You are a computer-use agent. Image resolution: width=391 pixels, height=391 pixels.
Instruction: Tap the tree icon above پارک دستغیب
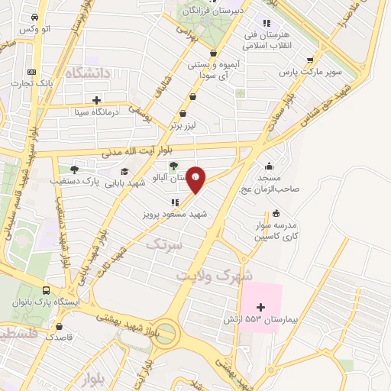73,170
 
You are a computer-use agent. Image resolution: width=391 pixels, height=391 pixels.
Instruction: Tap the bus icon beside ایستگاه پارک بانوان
46,291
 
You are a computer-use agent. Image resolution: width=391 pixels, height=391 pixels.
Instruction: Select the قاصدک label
60,336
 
